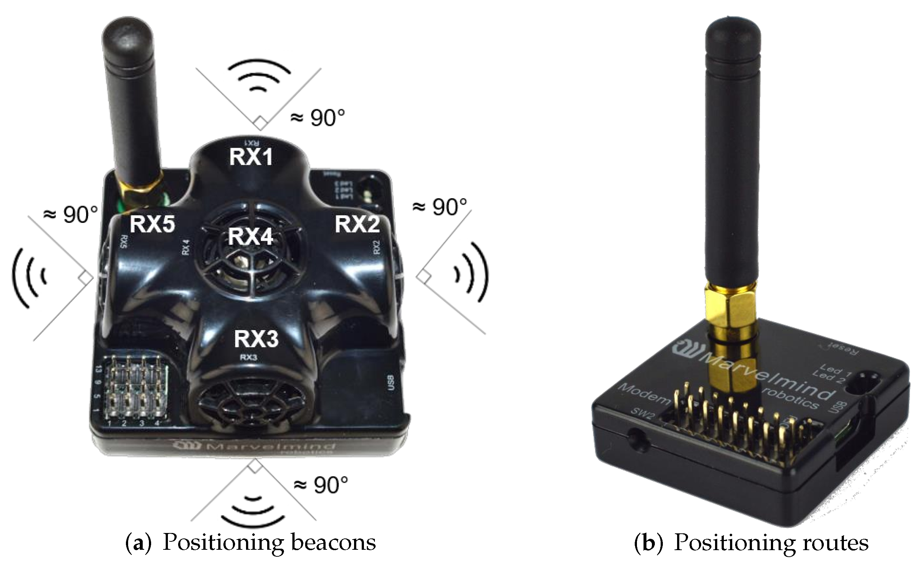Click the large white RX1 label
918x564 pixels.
pyautogui.click(x=251, y=157)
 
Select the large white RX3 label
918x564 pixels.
pyautogui.click(x=256, y=339)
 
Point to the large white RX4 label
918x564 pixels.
pyautogui.click(x=251, y=236)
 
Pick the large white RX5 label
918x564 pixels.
pyautogui.click(x=152, y=225)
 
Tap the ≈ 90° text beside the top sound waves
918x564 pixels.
pyautogui.click(x=318, y=118)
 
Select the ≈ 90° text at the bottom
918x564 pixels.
pyautogui.click(x=321, y=485)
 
